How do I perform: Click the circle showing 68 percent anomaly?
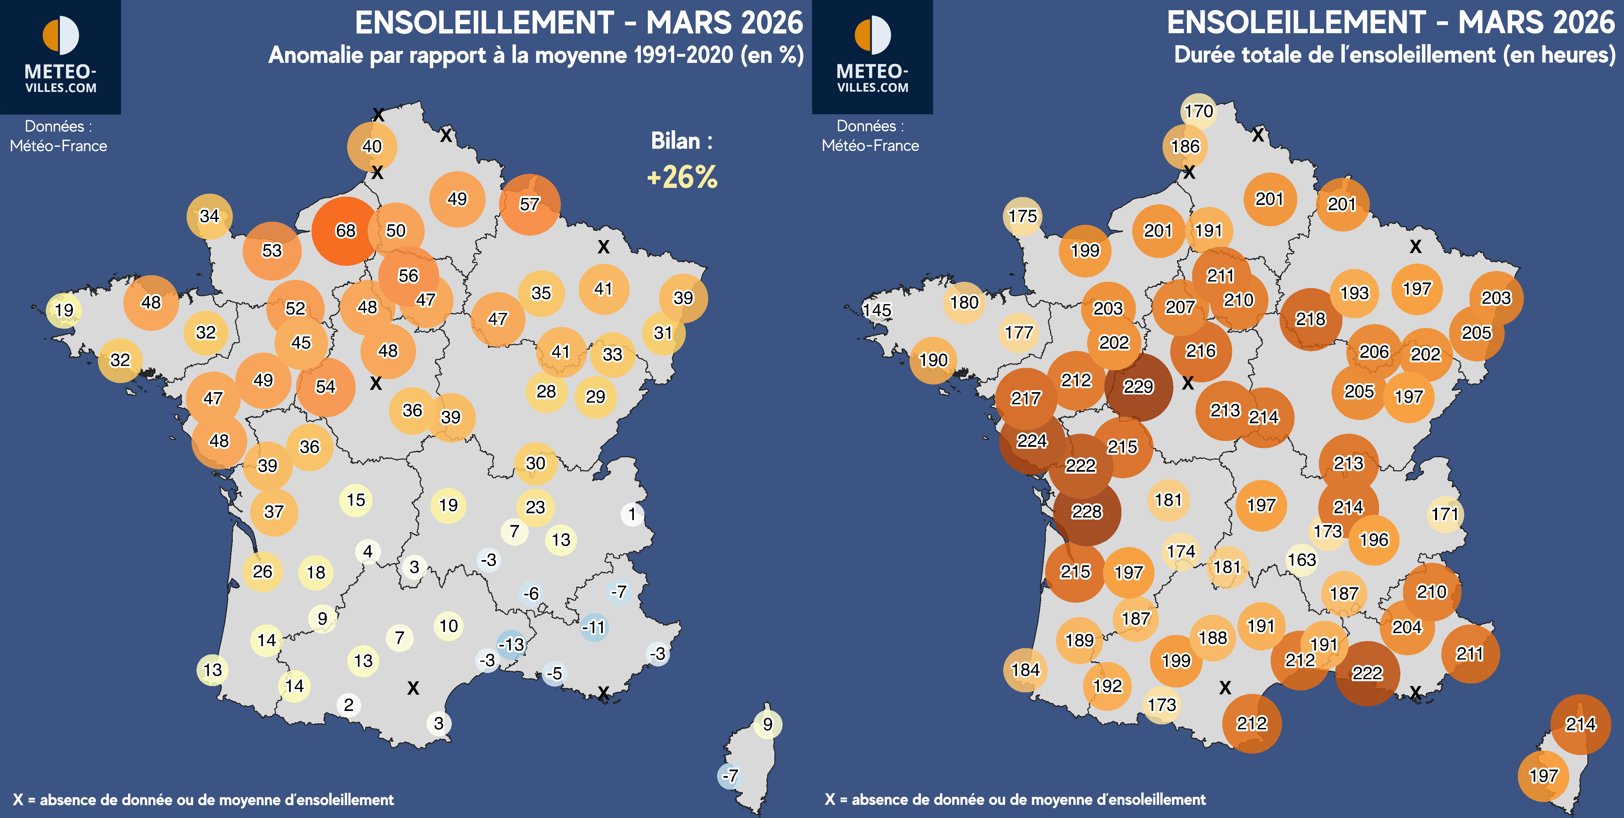(x=345, y=231)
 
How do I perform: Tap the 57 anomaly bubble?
(x=529, y=204)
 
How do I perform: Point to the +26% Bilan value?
(x=682, y=177)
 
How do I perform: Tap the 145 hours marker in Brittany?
(x=877, y=310)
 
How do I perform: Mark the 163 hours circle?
(x=1302, y=560)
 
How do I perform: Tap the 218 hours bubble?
(x=1311, y=319)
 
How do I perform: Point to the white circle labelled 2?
(x=349, y=704)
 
